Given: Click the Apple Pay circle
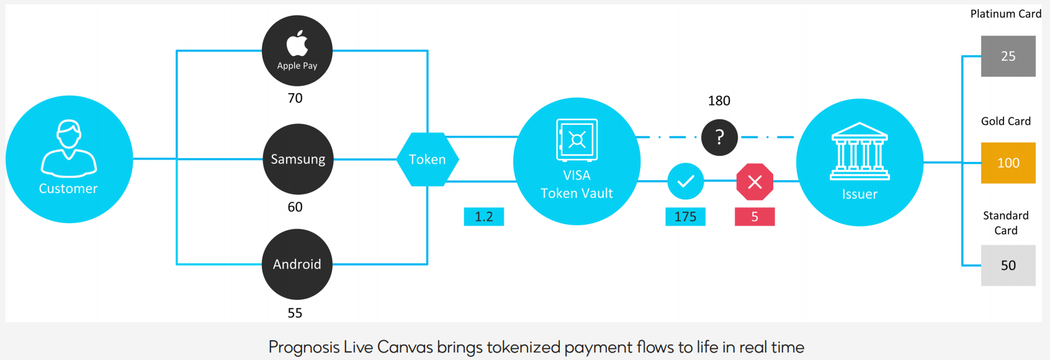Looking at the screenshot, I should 297,51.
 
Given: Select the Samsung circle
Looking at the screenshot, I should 298,159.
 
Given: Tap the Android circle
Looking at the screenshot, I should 297,264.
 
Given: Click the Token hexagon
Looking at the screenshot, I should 428,160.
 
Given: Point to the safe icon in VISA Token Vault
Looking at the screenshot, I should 577,140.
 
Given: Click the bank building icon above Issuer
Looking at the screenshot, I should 859,151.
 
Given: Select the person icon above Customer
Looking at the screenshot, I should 69,148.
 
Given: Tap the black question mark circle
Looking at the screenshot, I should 719,137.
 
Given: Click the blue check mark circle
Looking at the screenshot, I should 686,181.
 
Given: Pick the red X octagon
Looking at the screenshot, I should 755,182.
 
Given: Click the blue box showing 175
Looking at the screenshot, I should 685,217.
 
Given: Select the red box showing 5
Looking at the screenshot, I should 755,217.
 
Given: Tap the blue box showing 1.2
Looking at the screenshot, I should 484,217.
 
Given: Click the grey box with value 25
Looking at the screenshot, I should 1008,56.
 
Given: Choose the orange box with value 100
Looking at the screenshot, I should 1008,163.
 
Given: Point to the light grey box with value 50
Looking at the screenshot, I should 1008,266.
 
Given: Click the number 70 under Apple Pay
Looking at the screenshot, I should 295,98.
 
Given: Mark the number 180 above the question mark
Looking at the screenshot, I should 719,101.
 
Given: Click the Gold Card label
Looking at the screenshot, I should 1005,121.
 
